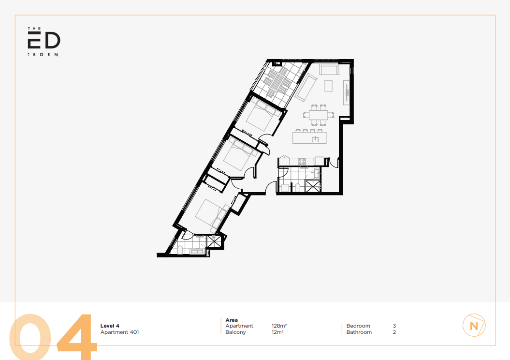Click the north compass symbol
(474, 325)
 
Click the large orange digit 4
(77, 337)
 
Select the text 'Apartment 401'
(120, 332)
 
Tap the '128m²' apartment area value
(279, 326)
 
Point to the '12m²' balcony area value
(277, 332)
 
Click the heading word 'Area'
(232, 320)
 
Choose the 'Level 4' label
(110, 326)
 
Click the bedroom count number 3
(394, 326)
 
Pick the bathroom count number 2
(394, 332)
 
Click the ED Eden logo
(44, 42)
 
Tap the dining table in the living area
(319, 115)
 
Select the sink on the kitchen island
(315, 139)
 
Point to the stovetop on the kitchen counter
(302, 161)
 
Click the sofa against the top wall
(329, 70)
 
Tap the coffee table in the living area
(329, 86)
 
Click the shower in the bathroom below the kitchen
(312, 186)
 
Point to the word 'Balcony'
(235, 332)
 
